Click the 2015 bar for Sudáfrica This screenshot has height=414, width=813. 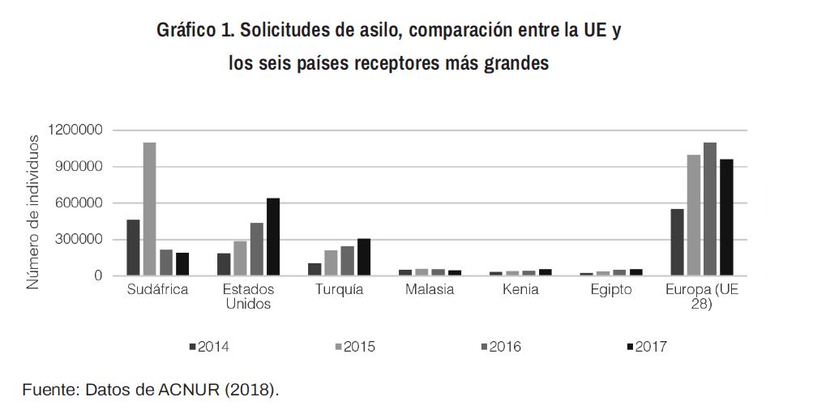149,209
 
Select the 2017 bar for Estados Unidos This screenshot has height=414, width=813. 273,237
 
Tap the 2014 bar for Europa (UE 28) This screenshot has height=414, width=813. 677,242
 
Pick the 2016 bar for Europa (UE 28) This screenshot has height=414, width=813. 710,209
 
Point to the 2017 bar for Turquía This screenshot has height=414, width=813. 364,258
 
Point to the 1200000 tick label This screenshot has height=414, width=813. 75,130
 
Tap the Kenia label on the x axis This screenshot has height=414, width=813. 521,290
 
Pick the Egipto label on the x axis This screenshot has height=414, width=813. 611,290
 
